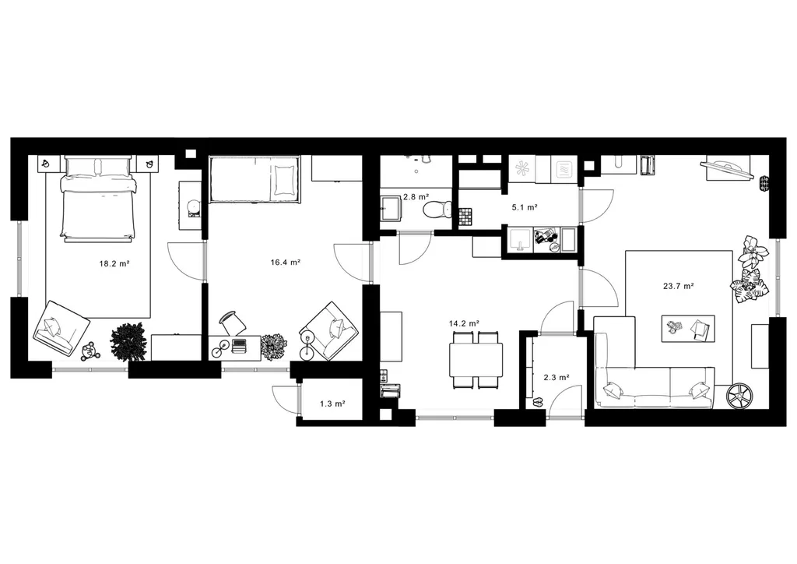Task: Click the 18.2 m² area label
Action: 114,263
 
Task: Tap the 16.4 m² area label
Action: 285,263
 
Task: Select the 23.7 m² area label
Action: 679,286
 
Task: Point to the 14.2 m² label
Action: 465,323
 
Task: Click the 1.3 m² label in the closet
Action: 332,404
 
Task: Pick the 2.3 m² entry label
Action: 556,377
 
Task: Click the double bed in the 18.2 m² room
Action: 99,199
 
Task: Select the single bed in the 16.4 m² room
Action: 255,180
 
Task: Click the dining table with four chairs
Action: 476,360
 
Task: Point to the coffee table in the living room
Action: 688,329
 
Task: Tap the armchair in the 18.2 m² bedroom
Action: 61,328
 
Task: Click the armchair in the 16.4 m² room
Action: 329,330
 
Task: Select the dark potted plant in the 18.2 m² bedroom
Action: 128,341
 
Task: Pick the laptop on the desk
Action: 238,346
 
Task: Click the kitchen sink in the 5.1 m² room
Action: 518,240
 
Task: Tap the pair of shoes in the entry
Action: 538,403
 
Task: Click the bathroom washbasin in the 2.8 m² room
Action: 391,209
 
